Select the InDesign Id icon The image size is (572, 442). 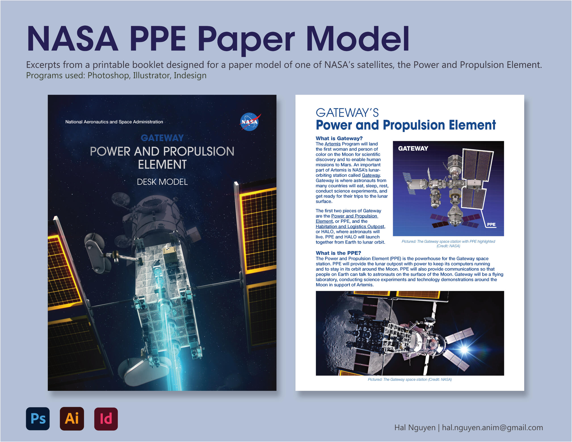pos(106,419)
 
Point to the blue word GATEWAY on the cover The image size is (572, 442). pos(162,138)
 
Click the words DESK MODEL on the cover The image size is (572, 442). pos(162,182)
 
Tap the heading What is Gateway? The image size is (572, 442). pos(339,138)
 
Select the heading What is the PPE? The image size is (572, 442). pos(338,253)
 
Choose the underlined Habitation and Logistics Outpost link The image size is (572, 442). pos(350,226)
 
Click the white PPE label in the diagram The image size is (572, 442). pos(491,224)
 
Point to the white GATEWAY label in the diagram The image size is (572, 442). pos(413,149)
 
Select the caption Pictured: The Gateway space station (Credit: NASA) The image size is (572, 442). pos(410,379)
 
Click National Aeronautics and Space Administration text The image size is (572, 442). pos(114,122)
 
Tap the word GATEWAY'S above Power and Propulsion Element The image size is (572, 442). pos(347,113)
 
